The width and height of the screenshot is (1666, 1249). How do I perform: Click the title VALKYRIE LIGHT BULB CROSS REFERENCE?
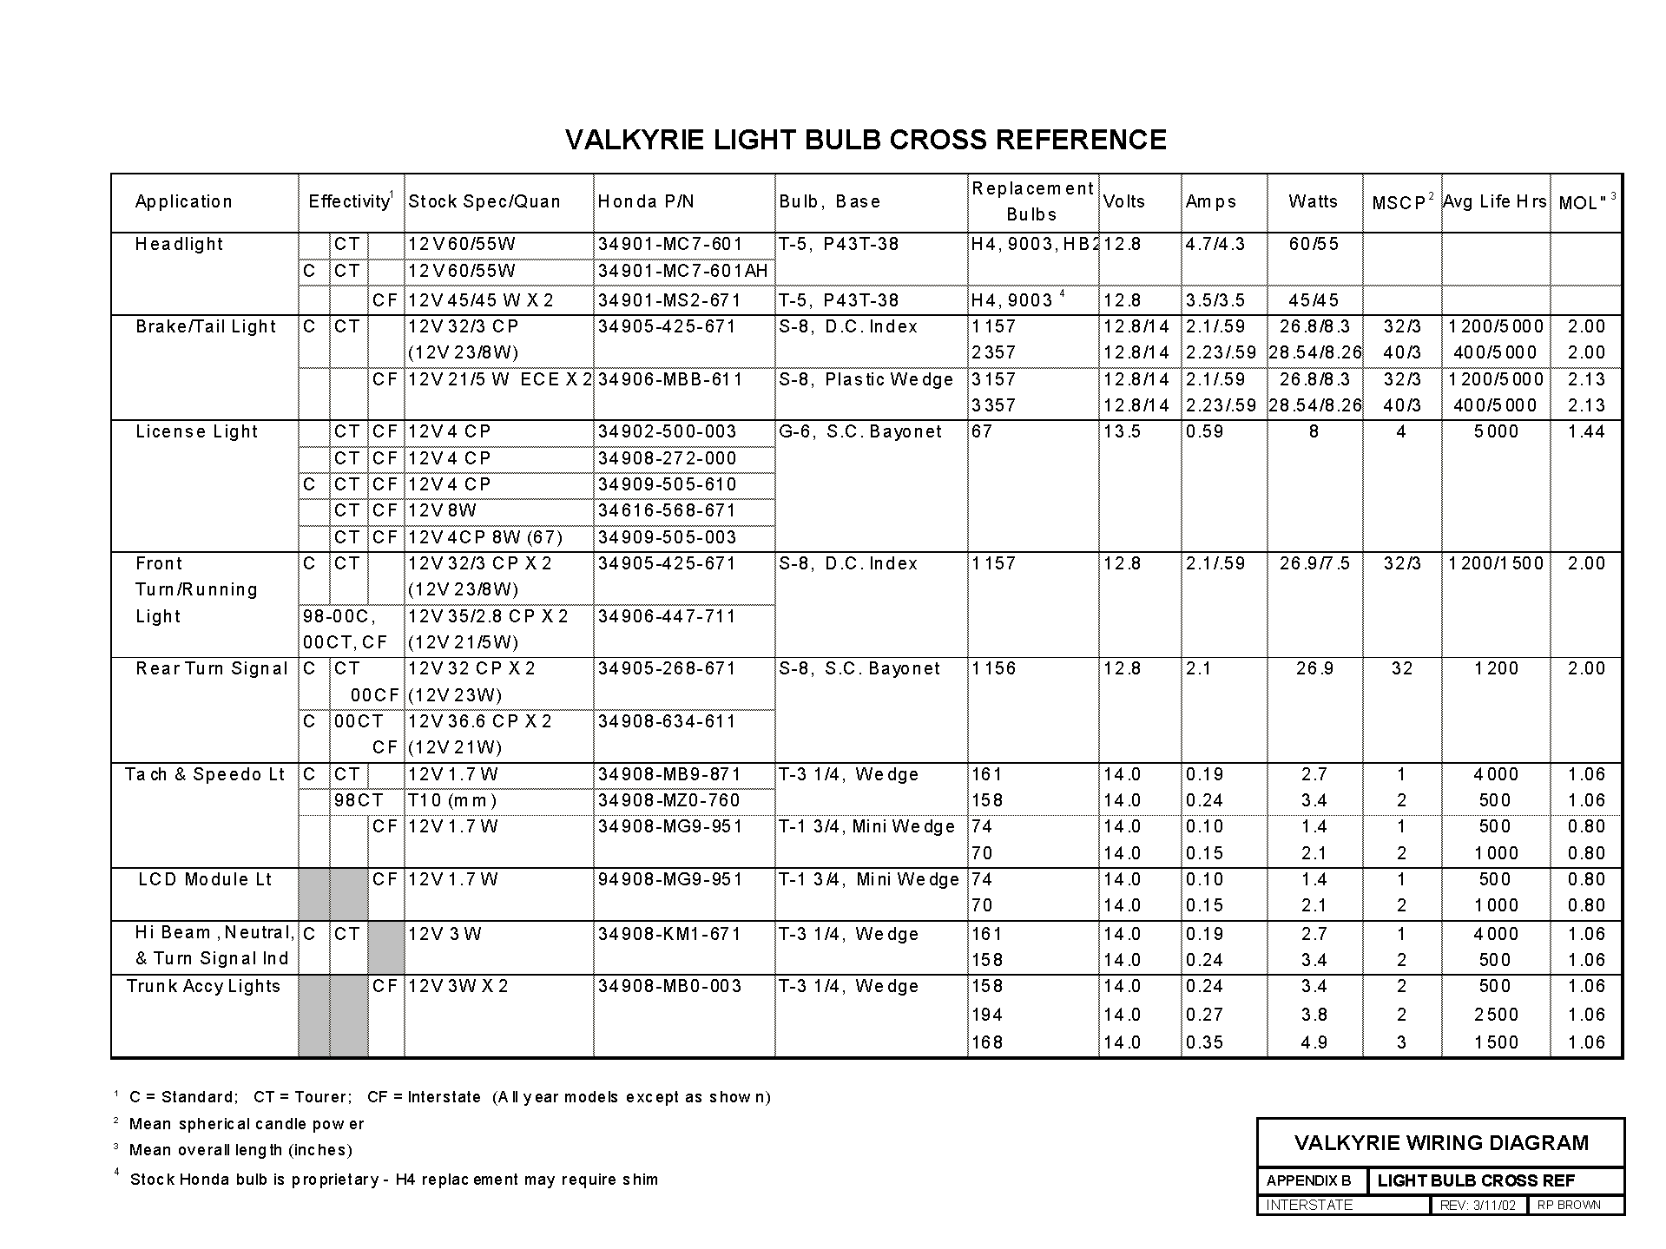point(866,140)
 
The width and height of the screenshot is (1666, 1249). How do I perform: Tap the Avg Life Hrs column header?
point(1494,201)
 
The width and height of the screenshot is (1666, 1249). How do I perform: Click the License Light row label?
point(197,431)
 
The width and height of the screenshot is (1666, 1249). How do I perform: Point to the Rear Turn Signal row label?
point(211,668)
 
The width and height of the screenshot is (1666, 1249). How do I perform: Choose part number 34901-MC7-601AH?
point(682,271)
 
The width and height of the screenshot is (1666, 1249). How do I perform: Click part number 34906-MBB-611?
point(670,379)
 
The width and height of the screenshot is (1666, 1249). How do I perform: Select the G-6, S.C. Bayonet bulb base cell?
point(859,431)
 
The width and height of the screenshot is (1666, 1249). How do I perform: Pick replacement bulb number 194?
point(987,1015)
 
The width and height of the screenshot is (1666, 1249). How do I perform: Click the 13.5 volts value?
point(1122,431)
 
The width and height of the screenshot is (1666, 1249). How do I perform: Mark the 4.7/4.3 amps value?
point(1215,244)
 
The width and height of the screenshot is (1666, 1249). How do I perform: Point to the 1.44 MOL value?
point(1586,431)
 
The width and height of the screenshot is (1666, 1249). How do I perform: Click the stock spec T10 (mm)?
point(452,800)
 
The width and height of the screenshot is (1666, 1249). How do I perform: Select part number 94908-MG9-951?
point(670,879)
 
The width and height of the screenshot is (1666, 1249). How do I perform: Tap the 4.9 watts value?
point(1314,1042)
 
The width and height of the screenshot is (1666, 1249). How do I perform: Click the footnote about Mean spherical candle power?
point(246,1124)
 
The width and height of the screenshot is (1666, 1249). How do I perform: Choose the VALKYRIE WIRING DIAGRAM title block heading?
point(1441,1143)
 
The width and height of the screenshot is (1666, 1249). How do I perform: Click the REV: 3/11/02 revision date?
point(1477,1205)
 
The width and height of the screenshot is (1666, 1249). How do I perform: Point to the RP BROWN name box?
point(1569,1205)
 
